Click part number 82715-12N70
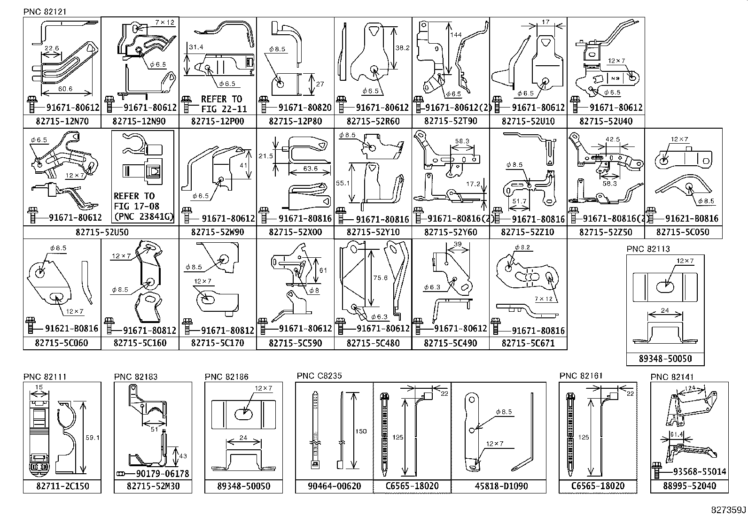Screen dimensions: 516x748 62,121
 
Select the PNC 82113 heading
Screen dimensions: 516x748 648,249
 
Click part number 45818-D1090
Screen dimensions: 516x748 499,486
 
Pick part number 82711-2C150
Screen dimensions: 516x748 62,486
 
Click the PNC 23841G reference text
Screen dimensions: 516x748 143,216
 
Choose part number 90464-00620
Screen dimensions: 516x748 335,486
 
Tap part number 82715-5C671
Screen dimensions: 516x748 528,343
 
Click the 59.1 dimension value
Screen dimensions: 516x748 92,438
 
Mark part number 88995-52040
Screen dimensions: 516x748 689,486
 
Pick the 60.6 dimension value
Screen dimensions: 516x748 65,89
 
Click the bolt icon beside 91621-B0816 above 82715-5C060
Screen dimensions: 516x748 31,327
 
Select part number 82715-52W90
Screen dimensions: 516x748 218,232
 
